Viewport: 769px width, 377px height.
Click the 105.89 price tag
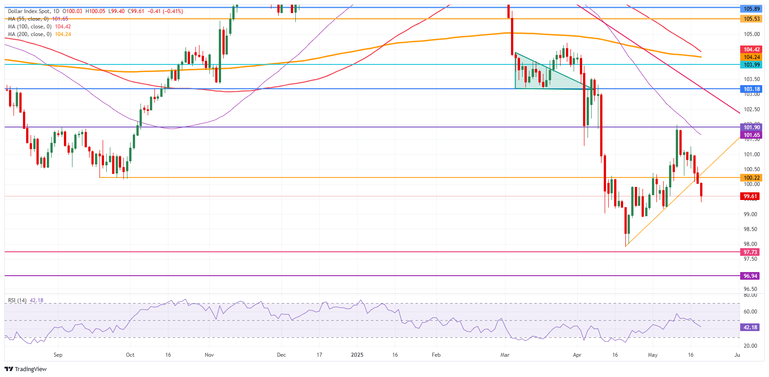751,9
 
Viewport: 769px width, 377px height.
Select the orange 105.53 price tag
751,19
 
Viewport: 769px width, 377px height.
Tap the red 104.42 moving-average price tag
751,50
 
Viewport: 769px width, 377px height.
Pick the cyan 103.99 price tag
751,65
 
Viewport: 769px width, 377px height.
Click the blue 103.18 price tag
751,89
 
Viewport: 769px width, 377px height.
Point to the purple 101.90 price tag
751,127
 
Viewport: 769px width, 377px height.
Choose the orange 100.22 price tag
751,178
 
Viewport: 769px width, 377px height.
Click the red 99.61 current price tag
751,196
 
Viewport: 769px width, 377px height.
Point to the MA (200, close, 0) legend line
39,34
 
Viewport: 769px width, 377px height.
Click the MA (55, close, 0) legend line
38,19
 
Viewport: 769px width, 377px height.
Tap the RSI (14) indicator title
17,300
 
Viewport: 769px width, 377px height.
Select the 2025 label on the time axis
357,355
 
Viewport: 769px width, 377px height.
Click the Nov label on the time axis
209,355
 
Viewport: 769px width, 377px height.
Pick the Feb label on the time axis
436,355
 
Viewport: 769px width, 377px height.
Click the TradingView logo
26,369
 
